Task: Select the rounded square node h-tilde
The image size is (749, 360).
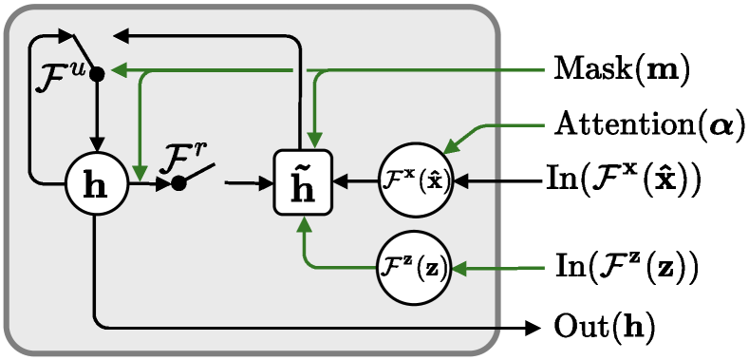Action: click(302, 182)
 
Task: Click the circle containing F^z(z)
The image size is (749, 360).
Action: click(416, 269)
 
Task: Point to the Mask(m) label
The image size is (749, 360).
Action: click(620, 69)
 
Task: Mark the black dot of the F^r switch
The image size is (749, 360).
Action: click(178, 182)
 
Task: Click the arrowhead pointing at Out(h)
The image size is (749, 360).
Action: click(533, 327)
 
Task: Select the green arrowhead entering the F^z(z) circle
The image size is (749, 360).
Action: click(460, 269)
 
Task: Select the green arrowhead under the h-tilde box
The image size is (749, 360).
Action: click(303, 224)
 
